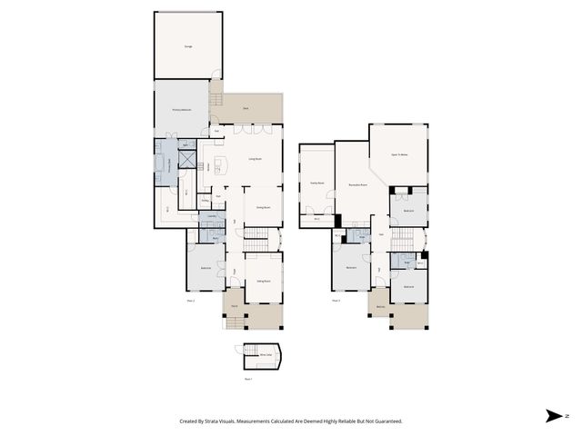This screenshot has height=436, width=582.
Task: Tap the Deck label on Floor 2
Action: (x=246, y=109)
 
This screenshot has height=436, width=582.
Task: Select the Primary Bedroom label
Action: (x=182, y=110)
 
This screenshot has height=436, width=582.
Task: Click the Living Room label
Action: (x=255, y=159)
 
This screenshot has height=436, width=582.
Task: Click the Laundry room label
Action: (x=211, y=216)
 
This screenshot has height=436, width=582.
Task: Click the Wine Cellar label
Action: (x=265, y=354)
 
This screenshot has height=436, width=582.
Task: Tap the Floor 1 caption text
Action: (x=248, y=379)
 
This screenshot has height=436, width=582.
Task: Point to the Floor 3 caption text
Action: (x=336, y=300)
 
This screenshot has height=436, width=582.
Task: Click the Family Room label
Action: (x=317, y=182)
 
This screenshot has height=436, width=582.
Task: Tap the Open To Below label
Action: (x=397, y=156)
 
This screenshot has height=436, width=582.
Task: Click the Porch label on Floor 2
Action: (x=234, y=306)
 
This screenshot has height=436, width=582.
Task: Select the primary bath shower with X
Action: (x=189, y=160)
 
